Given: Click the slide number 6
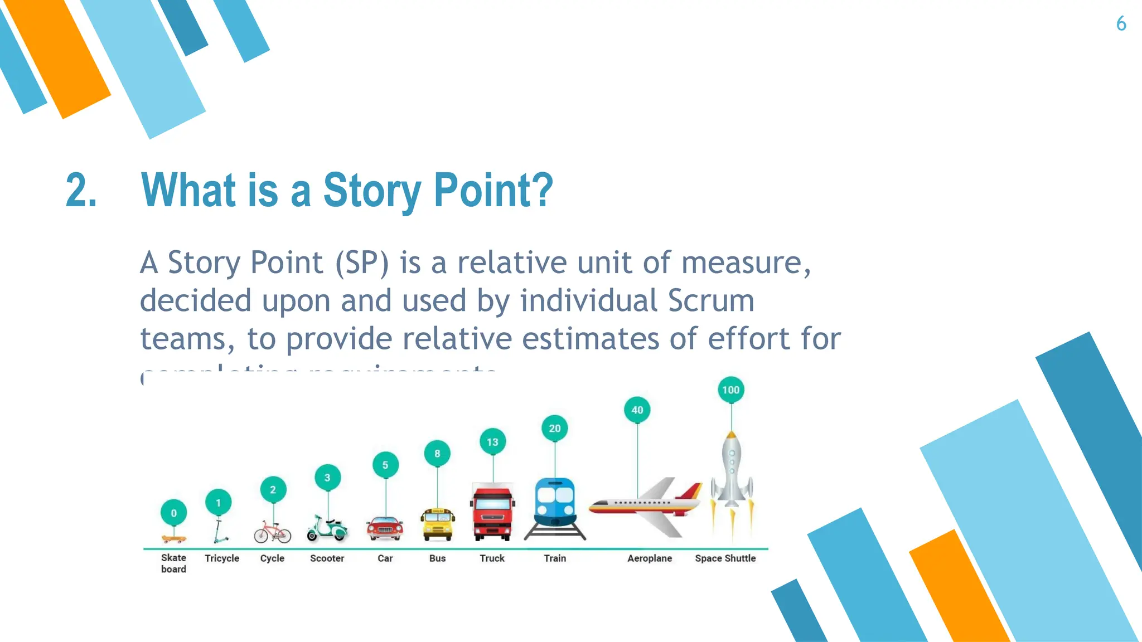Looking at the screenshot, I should point(1121,24).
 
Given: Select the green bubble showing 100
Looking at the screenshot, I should point(730,390).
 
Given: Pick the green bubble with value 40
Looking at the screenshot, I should point(637,410).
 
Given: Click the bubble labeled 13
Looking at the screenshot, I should point(492,442).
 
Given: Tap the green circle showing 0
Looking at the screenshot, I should point(173,513).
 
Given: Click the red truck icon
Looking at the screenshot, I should point(492,513).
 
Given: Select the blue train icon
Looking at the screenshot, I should point(555,504).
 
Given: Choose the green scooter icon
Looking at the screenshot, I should point(327,528).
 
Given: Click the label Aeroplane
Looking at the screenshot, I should point(650,558).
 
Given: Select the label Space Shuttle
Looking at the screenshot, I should point(725,558).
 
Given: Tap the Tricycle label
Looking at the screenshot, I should point(221,558).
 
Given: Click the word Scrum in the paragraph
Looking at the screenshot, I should point(711,301).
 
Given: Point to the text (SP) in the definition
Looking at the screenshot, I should point(361,262).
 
